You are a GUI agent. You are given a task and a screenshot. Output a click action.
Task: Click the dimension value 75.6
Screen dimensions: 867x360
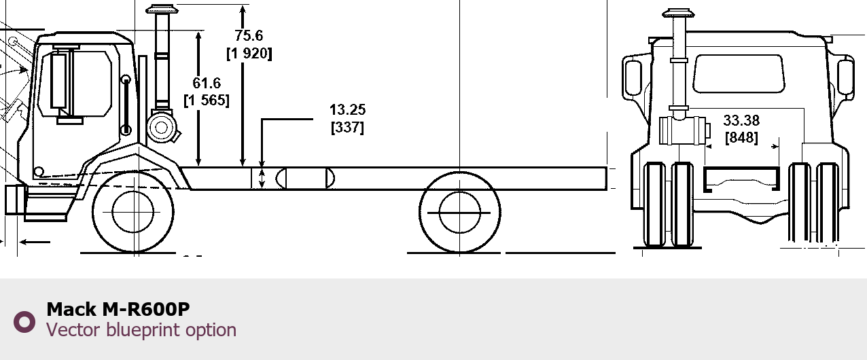(x=249, y=35)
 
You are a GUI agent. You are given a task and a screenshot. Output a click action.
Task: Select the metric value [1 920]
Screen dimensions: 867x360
(x=249, y=54)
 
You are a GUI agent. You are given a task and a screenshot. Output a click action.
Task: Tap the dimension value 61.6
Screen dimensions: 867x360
(x=207, y=84)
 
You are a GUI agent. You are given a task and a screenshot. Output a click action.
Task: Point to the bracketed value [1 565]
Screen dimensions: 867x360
(x=207, y=101)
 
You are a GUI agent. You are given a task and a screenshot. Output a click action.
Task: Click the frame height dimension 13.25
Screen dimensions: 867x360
(x=348, y=110)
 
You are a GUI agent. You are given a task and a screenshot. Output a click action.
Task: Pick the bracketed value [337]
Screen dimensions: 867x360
(x=348, y=127)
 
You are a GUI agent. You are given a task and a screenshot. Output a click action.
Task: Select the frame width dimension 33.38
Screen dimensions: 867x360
(x=741, y=120)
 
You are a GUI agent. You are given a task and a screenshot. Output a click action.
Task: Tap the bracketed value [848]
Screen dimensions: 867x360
(x=741, y=137)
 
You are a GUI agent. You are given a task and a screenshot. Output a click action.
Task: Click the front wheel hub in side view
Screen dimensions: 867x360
(x=132, y=212)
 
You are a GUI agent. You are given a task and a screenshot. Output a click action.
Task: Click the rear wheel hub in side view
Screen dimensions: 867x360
(x=460, y=213)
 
